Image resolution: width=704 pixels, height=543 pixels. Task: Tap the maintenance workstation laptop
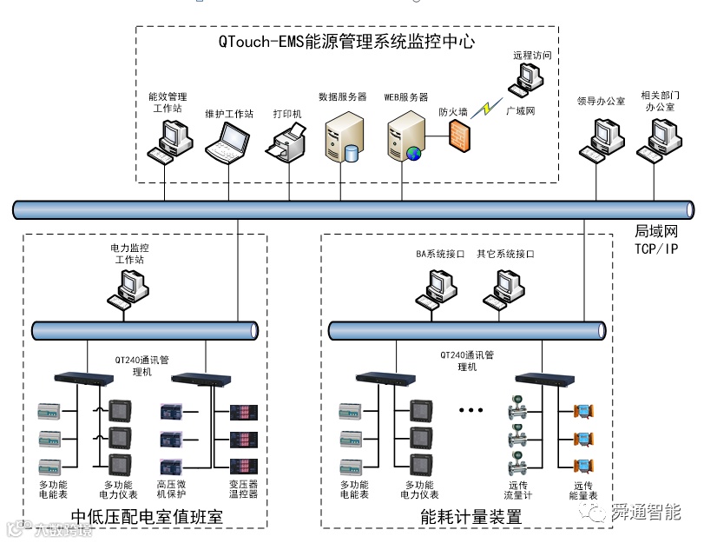[227, 141]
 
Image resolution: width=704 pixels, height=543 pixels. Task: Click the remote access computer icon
[529, 79]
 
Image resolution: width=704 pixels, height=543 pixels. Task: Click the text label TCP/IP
[655, 248]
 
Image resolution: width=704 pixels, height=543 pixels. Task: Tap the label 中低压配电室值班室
[147, 517]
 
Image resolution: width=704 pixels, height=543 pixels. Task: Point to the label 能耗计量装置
[470, 517]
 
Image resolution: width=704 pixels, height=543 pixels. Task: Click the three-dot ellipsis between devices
[470, 409]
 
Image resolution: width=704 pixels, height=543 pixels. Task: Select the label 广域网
[520, 112]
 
